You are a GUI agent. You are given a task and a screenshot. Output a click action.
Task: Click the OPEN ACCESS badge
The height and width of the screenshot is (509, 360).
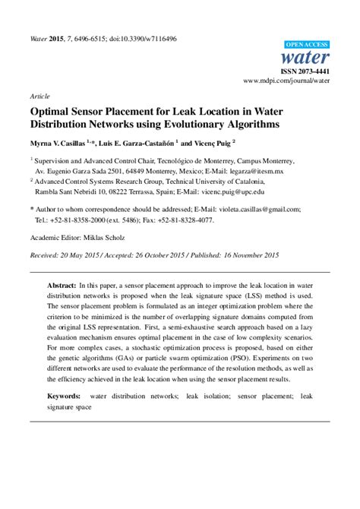point(307,45)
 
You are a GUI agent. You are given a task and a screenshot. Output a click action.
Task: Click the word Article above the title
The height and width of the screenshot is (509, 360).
point(39,97)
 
